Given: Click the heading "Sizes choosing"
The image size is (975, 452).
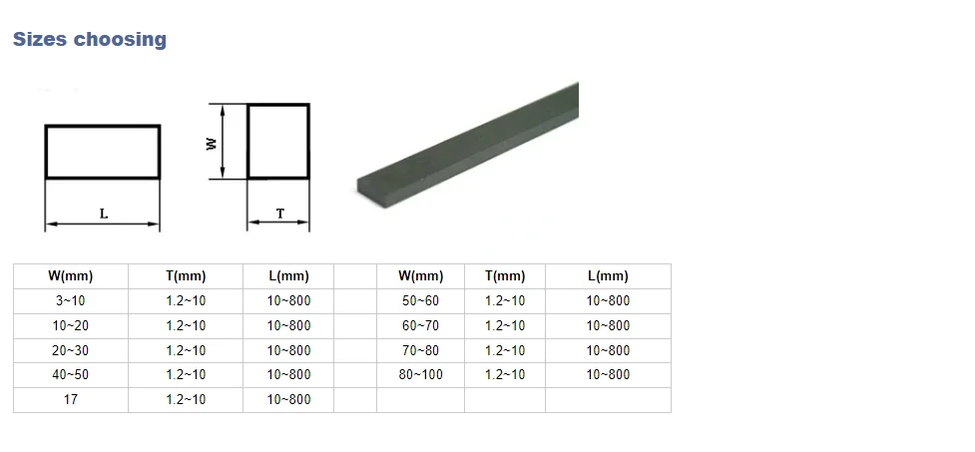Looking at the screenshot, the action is pos(90,39).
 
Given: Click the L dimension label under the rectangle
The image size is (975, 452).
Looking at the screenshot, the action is pos(104,214).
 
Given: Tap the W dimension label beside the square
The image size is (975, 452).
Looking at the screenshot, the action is pos(212,144).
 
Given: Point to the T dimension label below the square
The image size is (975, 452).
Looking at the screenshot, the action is pos(280,214).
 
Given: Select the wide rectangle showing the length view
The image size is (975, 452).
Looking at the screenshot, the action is pos(103,126).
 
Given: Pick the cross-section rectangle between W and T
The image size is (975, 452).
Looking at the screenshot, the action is pos(278,105).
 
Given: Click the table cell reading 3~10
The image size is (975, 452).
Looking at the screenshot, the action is pos(70,301).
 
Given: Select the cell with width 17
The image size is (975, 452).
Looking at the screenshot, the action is pos(70,399).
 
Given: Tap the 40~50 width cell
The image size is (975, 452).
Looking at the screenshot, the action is pos(70,375).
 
